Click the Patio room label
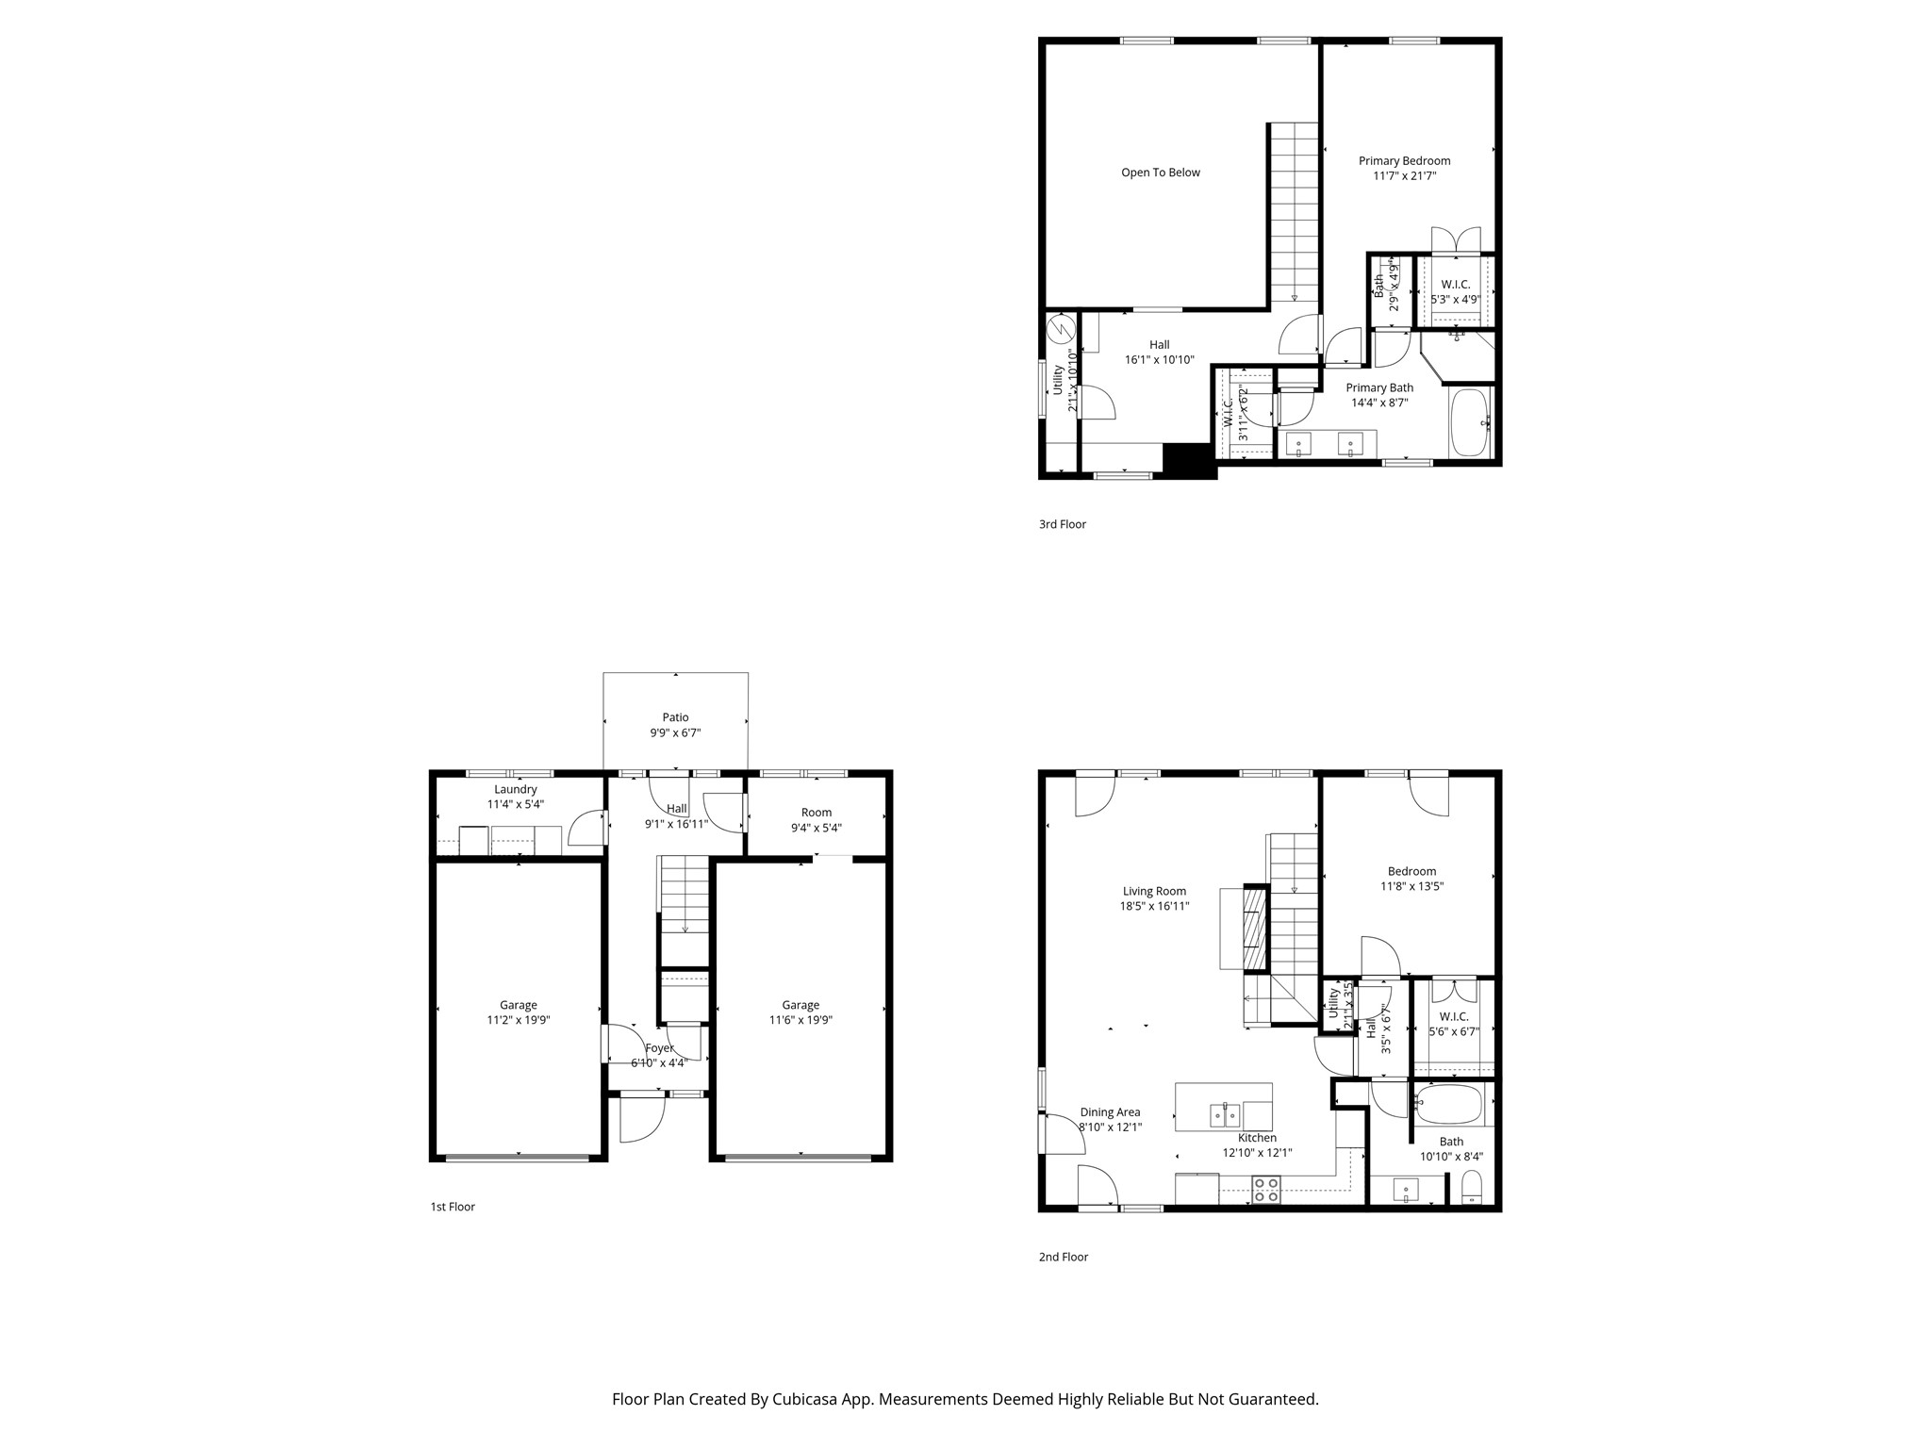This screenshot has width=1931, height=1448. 675,717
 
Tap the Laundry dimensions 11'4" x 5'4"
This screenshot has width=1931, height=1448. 515,805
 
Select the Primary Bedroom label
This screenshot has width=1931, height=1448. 1404,161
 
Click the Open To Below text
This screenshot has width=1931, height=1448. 1160,173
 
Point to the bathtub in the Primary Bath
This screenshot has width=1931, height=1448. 1469,422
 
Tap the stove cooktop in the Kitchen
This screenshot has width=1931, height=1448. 1265,1190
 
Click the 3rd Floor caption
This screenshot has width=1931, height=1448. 1062,524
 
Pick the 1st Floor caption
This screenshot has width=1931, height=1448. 453,1207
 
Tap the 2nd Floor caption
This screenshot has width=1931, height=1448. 1063,1257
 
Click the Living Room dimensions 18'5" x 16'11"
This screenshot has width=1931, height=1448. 1153,907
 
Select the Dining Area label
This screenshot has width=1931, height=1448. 1110,1112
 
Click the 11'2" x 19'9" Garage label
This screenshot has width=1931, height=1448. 518,1012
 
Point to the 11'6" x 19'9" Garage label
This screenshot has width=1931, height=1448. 800,1012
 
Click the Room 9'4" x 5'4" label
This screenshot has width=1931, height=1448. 816,820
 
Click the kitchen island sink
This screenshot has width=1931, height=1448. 1226,1116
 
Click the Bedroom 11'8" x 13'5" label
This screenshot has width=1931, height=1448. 1411,879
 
